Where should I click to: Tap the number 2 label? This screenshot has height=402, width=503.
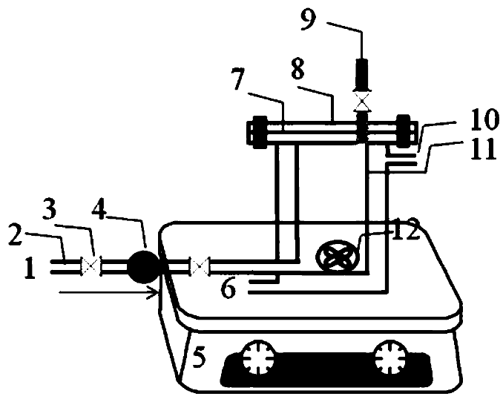pyautogui.click(x=16, y=236)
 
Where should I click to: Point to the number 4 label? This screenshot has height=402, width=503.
pyautogui.click(x=99, y=210)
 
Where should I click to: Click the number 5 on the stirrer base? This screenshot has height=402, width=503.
pyautogui.click(x=199, y=357)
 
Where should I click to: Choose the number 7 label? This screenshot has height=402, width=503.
pyautogui.click(x=238, y=79)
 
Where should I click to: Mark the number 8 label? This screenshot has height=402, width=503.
pyautogui.click(x=298, y=69)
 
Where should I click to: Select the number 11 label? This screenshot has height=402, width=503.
pyautogui.click(x=484, y=150)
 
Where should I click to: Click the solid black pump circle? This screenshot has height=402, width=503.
pyautogui.click(x=143, y=267)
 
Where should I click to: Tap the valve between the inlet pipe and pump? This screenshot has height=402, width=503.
pyautogui.click(x=91, y=266)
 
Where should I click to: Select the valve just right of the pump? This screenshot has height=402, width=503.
pyautogui.click(x=200, y=266)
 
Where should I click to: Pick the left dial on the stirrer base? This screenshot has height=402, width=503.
pyautogui.click(x=259, y=357)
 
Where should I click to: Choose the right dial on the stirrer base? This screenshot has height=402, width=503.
pyautogui.click(x=392, y=357)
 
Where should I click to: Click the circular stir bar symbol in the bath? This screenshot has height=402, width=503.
pyautogui.click(x=337, y=257)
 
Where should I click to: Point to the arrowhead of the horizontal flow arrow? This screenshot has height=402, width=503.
pyautogui.click(x=157, y=292)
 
